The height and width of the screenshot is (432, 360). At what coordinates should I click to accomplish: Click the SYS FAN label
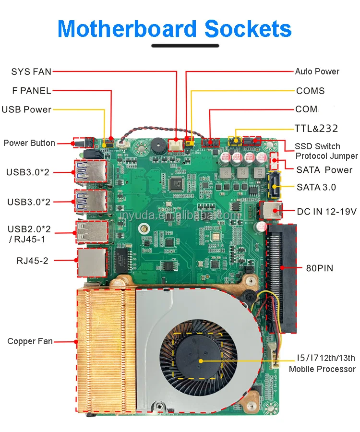(x=31, y=72)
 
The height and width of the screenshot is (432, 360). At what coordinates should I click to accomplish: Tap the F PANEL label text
(x=32, y=91)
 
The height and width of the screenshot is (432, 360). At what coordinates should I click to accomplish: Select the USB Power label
(x=26, y=109)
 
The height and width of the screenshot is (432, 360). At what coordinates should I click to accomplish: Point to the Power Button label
(x=29, y=143)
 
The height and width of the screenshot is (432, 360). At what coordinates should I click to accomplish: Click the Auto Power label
(x=317, y=72)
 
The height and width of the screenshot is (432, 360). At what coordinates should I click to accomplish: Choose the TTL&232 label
(x=316, y=129)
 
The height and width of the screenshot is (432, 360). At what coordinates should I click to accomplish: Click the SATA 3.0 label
(x=316, y=187)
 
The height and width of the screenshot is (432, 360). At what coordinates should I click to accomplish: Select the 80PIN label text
(x=319, y=267)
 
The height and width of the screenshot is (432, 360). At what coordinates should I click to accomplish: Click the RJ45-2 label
(x=32, y=261)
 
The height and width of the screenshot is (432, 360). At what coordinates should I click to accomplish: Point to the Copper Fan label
(x=30, y=342)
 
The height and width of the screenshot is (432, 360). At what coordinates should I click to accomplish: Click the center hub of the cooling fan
(x=201, y=360)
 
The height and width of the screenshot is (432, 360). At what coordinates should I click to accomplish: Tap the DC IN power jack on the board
(x=267, y=210)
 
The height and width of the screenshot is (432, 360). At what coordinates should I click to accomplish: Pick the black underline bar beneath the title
(x=185, y=46)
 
